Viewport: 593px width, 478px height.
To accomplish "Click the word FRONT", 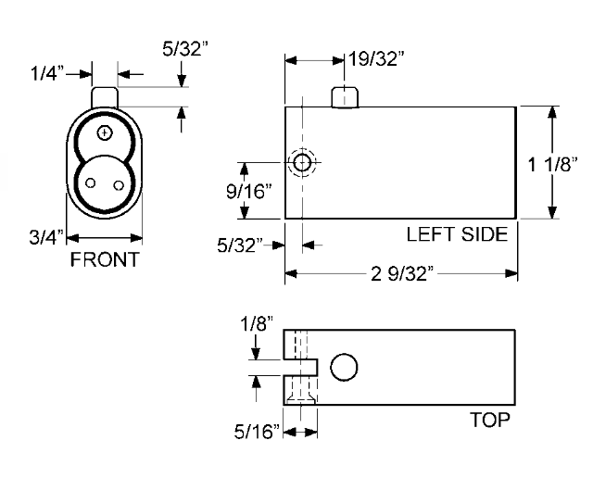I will (x=105, y=259).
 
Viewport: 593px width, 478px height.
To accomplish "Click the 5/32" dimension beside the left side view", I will (x=239, y=245).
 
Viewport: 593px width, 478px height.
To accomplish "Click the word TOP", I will (x=490, y=420).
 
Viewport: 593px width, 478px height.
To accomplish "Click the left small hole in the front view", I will (x=91, y=182).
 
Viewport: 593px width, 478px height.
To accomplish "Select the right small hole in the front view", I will (x=118, y=182).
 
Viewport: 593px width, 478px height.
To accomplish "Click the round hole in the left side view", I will (x=301, y=163).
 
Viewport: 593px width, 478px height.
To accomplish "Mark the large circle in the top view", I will (x=343, y=368).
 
